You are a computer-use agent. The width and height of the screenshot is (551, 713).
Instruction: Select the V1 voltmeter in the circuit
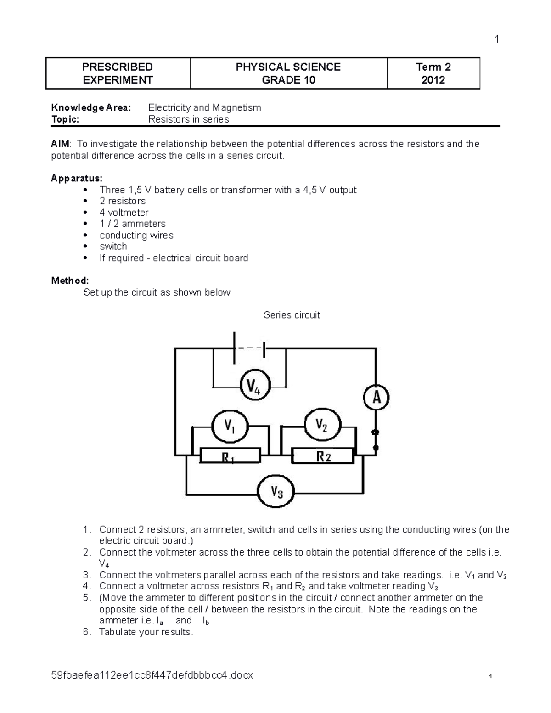point(230,426)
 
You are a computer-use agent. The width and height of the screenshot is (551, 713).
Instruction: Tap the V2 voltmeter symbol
point(322,425)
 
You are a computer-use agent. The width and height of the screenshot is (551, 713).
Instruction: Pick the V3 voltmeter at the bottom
point(275,492)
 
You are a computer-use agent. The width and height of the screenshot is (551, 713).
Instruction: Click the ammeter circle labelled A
point(376,398)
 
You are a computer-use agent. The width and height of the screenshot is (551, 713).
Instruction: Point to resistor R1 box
point(231,456)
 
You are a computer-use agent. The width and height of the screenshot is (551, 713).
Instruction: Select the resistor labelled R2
point(323,456)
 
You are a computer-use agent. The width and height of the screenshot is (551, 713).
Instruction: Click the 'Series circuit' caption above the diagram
point(292,315)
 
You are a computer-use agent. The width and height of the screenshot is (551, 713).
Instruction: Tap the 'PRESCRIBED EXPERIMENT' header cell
point(118,73)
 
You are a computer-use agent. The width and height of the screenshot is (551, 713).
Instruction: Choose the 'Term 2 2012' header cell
point(433,73)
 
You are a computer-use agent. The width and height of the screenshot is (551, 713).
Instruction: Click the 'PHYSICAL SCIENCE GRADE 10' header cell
point(288,73)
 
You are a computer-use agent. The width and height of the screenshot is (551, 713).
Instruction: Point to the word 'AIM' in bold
point(60,144)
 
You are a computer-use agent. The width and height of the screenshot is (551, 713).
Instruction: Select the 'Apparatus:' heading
point(77,178)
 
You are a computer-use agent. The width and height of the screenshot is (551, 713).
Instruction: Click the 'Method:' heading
point(70,281)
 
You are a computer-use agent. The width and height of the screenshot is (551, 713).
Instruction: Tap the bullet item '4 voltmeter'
point(124,213)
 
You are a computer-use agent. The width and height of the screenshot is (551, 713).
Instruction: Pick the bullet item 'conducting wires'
point(136,235)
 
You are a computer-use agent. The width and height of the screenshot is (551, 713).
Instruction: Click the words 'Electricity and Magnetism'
point(204,108)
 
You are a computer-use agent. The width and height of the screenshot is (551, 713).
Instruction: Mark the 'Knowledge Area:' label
point(91,108)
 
